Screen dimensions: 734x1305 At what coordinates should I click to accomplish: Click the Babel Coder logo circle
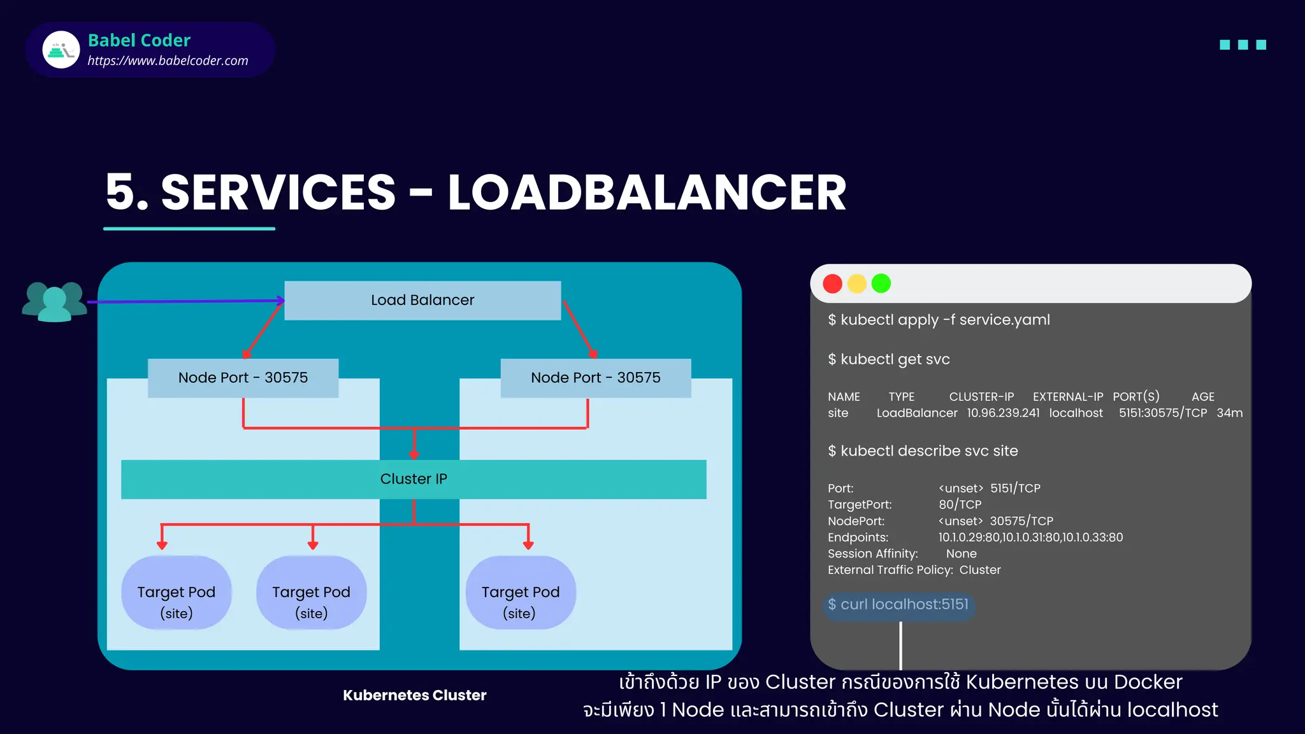[x=61, y=50]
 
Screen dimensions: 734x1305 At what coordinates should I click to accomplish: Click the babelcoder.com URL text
[x=168, y=61]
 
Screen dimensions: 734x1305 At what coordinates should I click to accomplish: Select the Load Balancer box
[x=422, y=300]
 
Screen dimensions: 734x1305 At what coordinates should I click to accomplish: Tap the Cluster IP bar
[x=414, y=479]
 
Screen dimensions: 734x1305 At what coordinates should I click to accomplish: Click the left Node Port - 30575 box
[x=243, y=378]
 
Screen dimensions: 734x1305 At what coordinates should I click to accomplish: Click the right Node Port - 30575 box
[x=595, y=378]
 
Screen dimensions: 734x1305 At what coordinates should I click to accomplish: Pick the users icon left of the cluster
[x=54, y=301]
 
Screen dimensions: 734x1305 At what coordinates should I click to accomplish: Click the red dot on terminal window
[x=832, y=284]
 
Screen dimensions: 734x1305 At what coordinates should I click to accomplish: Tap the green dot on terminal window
[x=881, y=284]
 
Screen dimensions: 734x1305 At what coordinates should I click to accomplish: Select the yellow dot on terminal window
[x=856, y=284]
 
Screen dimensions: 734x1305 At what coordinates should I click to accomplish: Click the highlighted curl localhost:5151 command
[x=898, y=605]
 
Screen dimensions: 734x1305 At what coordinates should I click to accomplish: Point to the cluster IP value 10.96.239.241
[x=1003, y=413]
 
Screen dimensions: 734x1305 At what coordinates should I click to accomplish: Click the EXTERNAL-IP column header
[x=1067, y=396]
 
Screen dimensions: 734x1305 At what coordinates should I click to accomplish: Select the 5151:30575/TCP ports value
[x=1162, y=413]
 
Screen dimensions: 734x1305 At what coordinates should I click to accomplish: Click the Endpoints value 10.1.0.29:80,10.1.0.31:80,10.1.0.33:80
[x=1030, y=537]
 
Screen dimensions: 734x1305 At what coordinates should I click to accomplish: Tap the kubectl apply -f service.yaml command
[x=939, y=320]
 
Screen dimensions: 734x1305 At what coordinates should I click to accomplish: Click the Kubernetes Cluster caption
[x=414, y=695]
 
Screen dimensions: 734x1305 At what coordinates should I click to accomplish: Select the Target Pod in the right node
[x=521, y=593]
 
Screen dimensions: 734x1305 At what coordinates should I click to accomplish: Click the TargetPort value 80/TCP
[x=960, y=505]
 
